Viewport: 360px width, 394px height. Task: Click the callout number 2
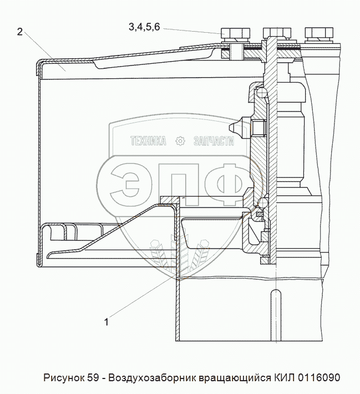point(20,32)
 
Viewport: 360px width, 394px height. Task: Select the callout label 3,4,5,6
point(144,27)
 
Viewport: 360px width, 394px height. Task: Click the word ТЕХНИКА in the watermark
point(148,142)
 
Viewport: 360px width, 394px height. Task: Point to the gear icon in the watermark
point(180,142)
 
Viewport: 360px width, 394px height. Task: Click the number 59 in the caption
point(93,378)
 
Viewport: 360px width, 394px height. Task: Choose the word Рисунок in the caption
point(63,378)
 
